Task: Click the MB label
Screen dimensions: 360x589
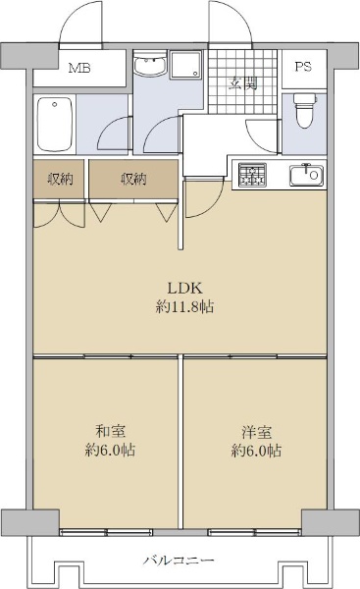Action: coord(79,69)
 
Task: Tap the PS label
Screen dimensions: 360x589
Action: coord(303,67)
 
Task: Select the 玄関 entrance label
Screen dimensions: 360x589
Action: coord(243,83)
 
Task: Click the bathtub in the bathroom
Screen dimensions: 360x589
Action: coord(55,125)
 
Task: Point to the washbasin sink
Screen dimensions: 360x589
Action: coord(150,66)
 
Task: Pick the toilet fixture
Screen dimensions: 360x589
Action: coord(304,110)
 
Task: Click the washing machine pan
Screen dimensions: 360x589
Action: coord(185,65)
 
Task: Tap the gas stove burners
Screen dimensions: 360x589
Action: coord(253,175)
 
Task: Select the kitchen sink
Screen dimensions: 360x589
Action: coord(306,175)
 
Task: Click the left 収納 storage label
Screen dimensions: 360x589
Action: coord(60,180)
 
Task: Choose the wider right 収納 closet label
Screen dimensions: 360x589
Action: coord(133,180)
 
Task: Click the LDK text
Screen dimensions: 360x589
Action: coord(184,289)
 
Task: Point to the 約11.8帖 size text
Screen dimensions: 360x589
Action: coord(184,307)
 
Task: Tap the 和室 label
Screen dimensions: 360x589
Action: coord(111,431)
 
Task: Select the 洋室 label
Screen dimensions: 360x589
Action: coord(257,432)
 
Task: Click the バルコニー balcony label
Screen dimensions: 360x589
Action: coord(179,561)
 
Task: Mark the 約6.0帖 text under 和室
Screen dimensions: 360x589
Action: coord(111,450)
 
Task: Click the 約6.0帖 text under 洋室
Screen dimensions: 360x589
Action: coord(256,451)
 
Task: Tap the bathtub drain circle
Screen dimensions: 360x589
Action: coord(55,104)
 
